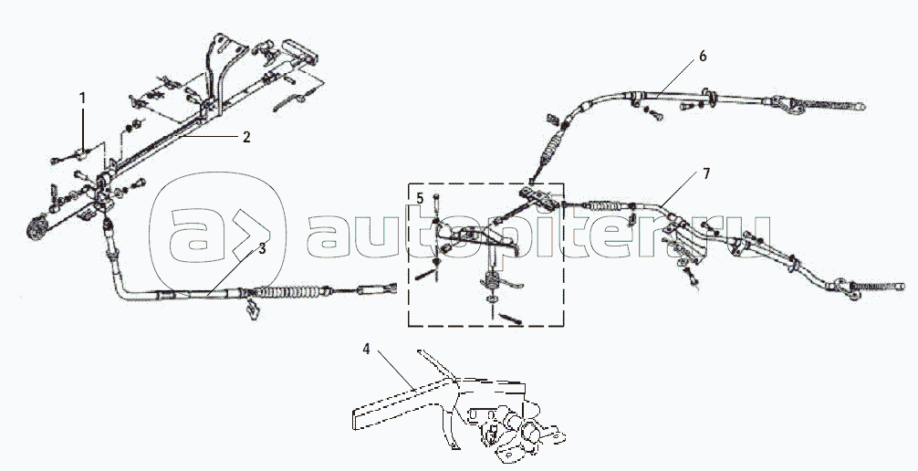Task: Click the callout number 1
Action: [82, 98]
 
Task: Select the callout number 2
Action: [246, 137]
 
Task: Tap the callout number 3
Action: [262, 248]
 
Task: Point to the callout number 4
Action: [366, 350]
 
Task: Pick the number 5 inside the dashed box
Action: [420, 199]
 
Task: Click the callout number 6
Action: [703, 57]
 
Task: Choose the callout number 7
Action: [706, 174]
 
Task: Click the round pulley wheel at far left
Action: [37, 228]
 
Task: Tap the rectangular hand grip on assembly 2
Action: [299, 51]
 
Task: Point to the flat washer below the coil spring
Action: [493, 299]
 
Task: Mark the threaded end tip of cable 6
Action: [861, 107]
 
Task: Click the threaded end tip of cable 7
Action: [900, 287]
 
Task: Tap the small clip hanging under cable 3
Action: [253, 310]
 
